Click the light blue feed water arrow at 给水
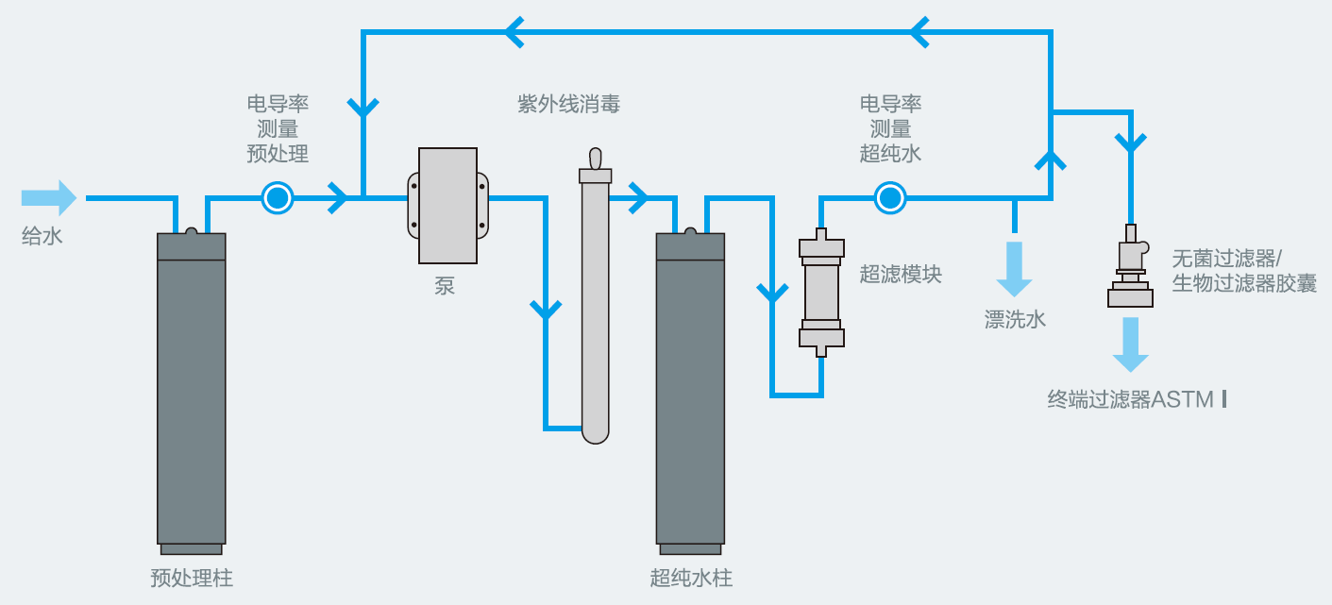pyautogui.click(x=49, y=198)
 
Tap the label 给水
pyautogui.click(x=42, y=236)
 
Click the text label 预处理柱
pyautogui.click(x=192, y=578)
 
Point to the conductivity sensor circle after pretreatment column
pyautogui.click(x=278, y=198)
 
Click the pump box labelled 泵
pyautogui.click(x=448, y=206)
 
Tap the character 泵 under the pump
pyautogui.click(x=445, y=286)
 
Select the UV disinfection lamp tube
pyautogui.click(x=595, y=302)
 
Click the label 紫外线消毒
pyautogui.click(x=568, y=105)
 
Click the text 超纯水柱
pyautogui.click(x=691, y=578)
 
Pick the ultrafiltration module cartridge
pyautogui.click(x=820, y=293)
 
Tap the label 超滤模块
pyautogui.click(x=901, y=275)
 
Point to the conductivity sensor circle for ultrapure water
pyautogui.click(x=889, y=198)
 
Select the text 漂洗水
pyautogui.click(x=1015, y=319)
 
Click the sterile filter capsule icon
pyautogui.click(x=1130, y=269)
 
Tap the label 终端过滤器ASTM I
pyautogui.click(x=1137, y=399)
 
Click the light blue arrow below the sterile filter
pyautogui.click(x=1130, y=345)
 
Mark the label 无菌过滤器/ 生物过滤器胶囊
pyautogui.click(x=1243, y=271)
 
